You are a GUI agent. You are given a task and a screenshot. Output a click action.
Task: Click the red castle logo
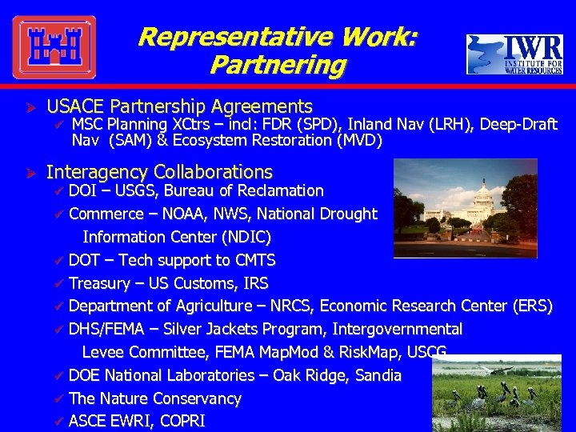(x=54, y=47)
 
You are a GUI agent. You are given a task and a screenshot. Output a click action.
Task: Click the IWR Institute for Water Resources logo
(x=514, y=54)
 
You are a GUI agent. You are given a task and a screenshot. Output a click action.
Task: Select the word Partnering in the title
(x=278, y=65)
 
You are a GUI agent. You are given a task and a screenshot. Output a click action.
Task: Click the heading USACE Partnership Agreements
(x=179, y=106)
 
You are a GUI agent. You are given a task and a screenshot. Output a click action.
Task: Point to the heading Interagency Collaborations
(x=159, y=172)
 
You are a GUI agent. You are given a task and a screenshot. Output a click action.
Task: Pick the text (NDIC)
(x=242, y=238)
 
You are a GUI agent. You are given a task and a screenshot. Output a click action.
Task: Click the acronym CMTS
(x=255, y=261)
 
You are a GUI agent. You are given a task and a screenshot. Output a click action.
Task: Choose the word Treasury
(x=99, y=284)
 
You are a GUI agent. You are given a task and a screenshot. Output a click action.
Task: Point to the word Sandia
(x=377, y=376)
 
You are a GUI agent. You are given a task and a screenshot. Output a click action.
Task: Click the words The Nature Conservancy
(x=154, y=398)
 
